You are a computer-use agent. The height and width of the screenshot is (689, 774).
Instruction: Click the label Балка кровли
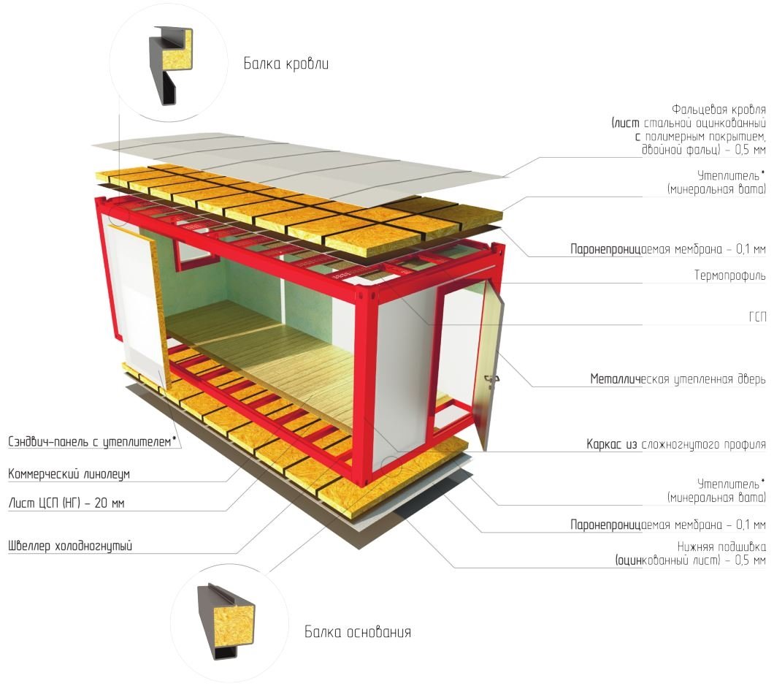point(286,64)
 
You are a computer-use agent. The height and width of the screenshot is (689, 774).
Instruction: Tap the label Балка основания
point(358,632)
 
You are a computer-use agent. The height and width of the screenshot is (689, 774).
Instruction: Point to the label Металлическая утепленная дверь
point(678,379)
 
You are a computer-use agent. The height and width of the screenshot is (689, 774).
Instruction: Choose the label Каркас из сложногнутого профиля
point(675,444)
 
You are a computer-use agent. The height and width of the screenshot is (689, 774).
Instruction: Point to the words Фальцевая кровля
point(718,109)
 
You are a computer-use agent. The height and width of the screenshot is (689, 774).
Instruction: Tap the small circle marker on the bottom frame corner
point(391,466)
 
